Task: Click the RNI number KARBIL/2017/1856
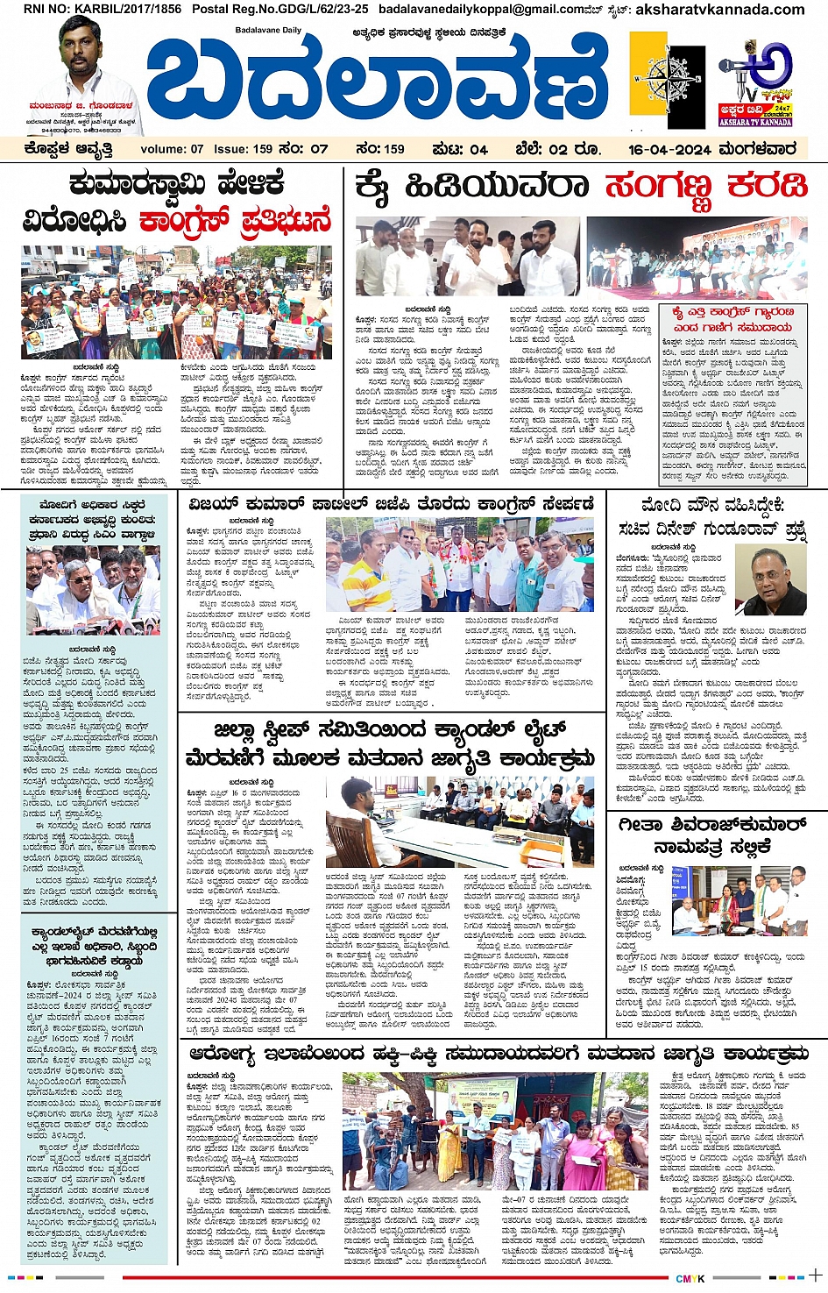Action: (x=102, y=9)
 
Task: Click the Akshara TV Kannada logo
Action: (x=755, y=83)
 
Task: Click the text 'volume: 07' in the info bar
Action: (x=172, y=149)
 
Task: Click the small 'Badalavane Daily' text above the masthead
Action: (x=268, y=31)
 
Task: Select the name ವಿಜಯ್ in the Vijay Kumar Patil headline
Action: (x=215, y=504)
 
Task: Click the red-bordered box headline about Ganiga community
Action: (x=732, y=319)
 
